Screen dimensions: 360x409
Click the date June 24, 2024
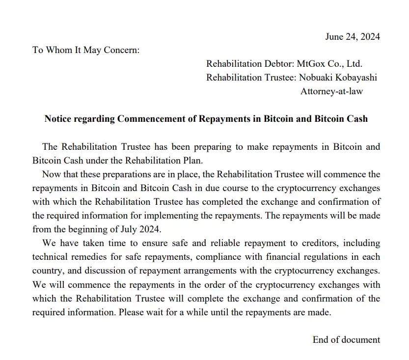(x=353, y=36)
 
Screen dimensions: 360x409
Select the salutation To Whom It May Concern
(x=86, y=50)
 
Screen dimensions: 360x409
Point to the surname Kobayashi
(x=356, y=78)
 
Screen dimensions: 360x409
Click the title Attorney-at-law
(x=331, y=91)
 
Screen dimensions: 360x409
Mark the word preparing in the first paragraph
(x=215, y=146)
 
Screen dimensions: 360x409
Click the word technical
(x=50, y=256)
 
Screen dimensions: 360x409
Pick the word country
(x=48, y=270)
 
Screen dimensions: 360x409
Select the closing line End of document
(x=346, y=339)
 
